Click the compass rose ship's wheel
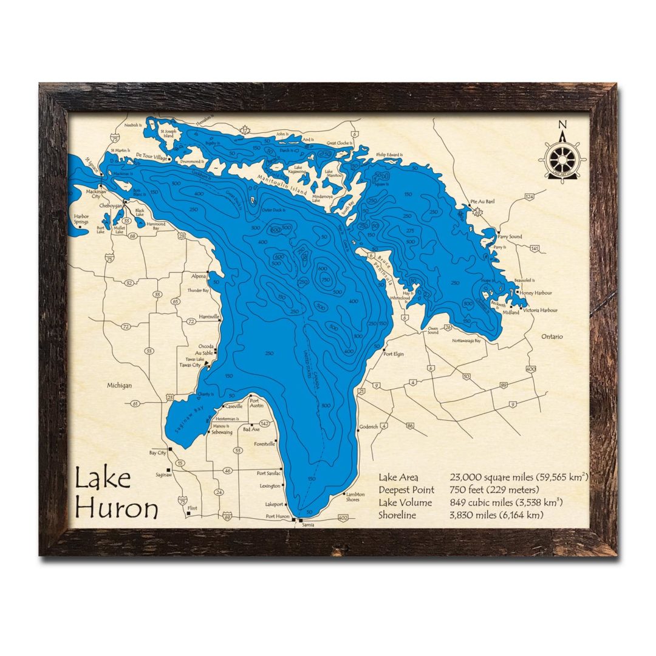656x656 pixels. (562, 159)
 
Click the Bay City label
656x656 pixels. (157, 453)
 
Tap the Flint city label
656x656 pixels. (193, 508)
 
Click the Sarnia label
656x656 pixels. (308, 525)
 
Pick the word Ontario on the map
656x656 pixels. (552, 336)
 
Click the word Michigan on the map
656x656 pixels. (120, 385)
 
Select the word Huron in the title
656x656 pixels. (117, 508)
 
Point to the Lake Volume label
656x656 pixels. (405, 502)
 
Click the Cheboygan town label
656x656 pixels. (109, 206)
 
